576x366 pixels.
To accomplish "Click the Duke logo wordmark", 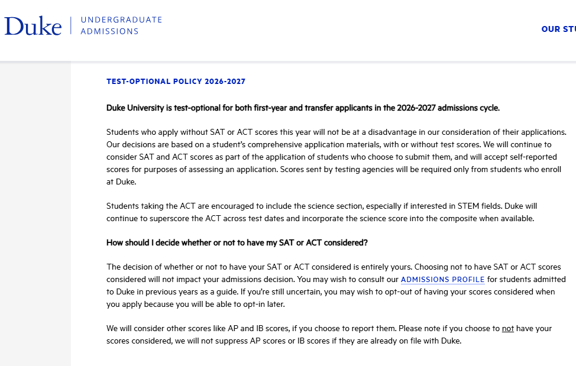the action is click(33, 25).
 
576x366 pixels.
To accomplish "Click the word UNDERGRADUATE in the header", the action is click(121, 20).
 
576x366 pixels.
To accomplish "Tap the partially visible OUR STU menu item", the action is click(558, 29).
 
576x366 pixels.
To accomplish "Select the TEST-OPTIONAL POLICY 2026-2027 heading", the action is click(176, 82).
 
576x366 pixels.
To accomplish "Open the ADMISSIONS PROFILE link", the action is click(442, 280).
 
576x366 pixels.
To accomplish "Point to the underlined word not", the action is click(507, 329).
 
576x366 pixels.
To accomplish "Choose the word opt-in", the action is click(263, 305).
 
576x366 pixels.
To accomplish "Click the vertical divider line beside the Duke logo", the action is click(72, 25).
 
